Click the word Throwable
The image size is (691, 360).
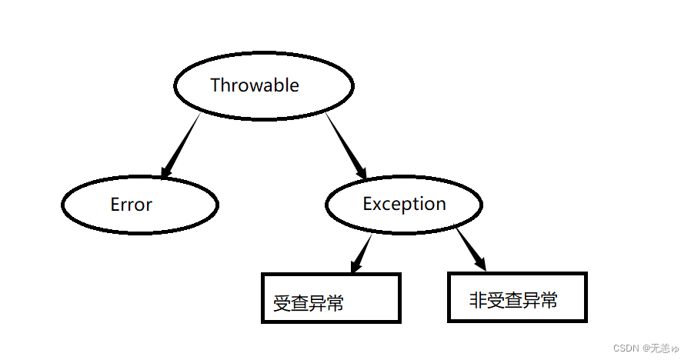click(x=255, y=85)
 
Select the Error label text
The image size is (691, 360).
click(x=132, y=205)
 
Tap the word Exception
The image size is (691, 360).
click(x=404, y=204)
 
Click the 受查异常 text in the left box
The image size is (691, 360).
click(x=308, y=303)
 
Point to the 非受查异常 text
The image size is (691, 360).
click(x=513, y=300)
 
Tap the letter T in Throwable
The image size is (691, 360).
click(x=215, y=85)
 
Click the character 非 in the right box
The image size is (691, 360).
click(x=478, y=300)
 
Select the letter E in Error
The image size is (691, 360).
click(x=115, y=205)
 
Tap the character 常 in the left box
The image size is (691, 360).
click(x=335, y=303)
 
